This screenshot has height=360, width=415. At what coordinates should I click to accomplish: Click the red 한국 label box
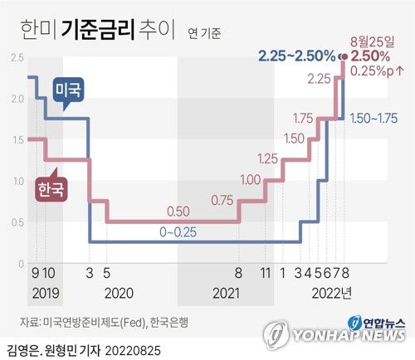tap(48, 189)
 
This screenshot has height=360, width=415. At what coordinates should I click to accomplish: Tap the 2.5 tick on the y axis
tap(17, 57)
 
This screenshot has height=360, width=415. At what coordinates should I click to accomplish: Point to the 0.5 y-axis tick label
tap(17, 221)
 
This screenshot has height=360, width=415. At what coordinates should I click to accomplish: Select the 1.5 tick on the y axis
tap(17, 139)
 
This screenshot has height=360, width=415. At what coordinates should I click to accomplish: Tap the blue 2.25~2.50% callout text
tap(296, 56)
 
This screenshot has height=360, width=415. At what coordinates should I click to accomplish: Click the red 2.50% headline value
tap(370, 56)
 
